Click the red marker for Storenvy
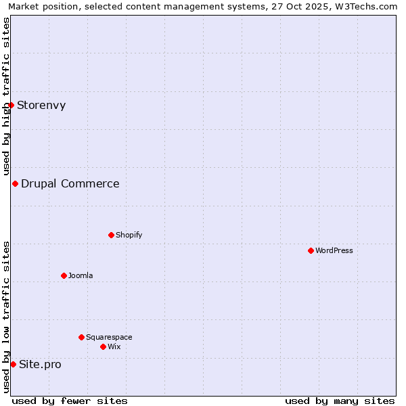tap(11, 105)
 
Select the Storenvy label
tap(41, 105)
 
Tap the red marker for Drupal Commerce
tap(15, 183)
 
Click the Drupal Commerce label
tap(70, 183)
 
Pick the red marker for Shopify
tap(111, 235)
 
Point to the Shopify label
tap(129, 235)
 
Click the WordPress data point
tap(311, 250)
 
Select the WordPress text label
tap(334, 250)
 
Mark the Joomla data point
tap(64, 275)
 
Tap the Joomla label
tap(81, 275)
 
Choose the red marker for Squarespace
tap(81, 337)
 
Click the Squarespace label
tap(109, 337)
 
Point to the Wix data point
tap(103, 346)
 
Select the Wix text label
tap(114, 346)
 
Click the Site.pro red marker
tap(13, 364)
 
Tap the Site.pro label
tap(40, 364)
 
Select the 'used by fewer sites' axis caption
tap(70, 401)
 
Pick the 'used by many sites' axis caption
tap(340, 401)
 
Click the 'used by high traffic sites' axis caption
tap(6, 97)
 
